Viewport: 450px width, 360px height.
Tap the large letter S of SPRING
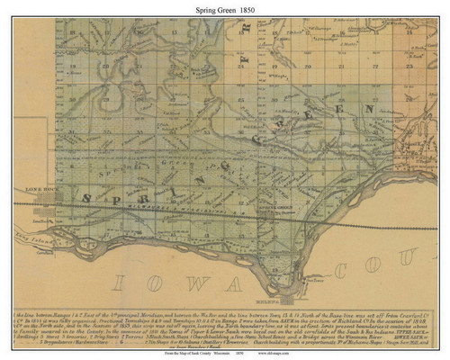87,198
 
